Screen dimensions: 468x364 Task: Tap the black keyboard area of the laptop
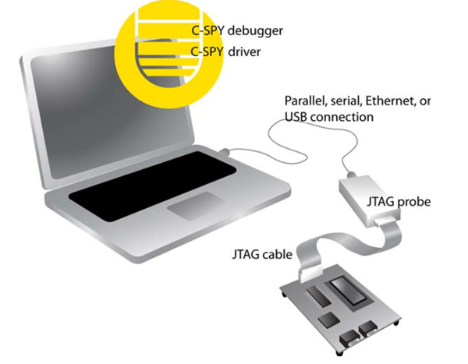[x=153, y=186]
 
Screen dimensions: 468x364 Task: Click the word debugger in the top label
[x=255, y=30]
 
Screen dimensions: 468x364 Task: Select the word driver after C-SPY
[x=244, y=51]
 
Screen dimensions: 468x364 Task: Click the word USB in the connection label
[x=296, y=117]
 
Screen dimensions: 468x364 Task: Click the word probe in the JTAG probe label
[x=414, y=203]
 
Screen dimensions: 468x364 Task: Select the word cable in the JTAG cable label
[x=278, y=255]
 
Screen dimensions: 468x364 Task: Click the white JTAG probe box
[x=369, y=200]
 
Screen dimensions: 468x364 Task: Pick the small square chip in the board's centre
[x=329, y=320]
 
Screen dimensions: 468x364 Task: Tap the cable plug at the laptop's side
[x=225, y=151]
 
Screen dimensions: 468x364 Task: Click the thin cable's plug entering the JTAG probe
[x=351, y=174]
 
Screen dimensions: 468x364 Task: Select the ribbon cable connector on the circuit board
[x=311, y=275]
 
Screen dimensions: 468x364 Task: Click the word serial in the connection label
[x=344, y=101]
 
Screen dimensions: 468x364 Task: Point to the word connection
[x=342, y=117]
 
